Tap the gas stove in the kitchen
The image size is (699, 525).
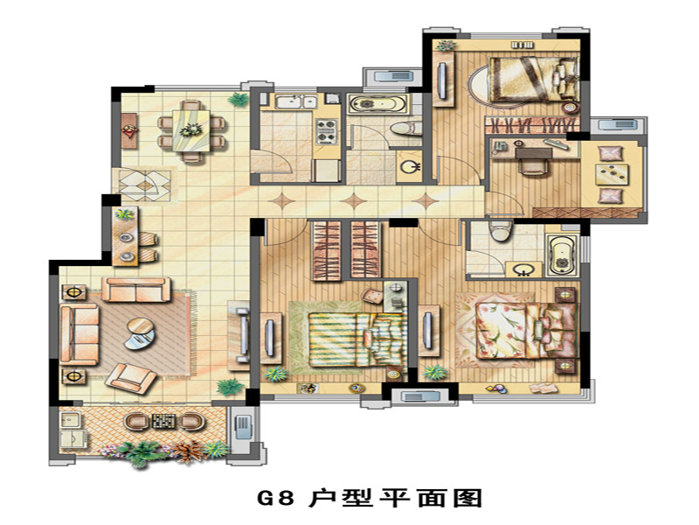click(x=325, y=131)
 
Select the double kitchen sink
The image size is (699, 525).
click(x=295, y=101)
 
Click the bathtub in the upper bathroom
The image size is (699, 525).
click(x=377, y=104)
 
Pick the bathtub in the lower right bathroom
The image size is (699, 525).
click(x=563, y=255)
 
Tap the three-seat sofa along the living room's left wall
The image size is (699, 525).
click(x=80, y=334)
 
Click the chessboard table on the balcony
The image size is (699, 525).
click(x=164, y=421)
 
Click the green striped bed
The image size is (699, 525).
click(x=357, y=339)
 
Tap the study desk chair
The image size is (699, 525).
click(x=533, y=167)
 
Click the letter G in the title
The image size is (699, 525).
click(x=267, y=498)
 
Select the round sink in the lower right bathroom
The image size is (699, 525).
click(x=522, y=269)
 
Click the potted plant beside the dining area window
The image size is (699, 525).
click(x=238, y=99)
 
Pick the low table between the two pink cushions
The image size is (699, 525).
click(x=612, y=174)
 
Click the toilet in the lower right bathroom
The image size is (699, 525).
click(x=499, y=231)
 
